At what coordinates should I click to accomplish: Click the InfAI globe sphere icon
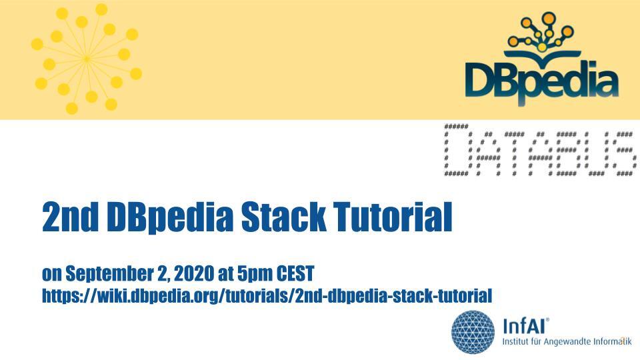[473, 331]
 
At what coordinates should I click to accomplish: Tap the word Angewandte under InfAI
[564, 341]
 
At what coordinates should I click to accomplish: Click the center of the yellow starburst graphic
[87, 59]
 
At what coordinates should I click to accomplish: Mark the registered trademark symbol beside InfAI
[548, 320]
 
